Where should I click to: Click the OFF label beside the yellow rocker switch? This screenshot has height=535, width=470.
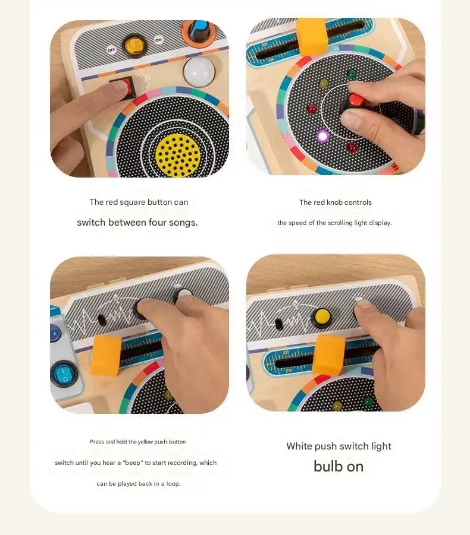tap(111, 50)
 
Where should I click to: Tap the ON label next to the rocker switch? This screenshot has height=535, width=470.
tap(158, 40)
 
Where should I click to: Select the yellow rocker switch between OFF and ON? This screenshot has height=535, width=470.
tap(134, 45)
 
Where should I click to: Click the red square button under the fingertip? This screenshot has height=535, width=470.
tap(128, 87)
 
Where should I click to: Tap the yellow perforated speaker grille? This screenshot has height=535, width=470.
tap(178, 155)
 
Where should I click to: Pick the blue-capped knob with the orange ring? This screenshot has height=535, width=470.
tap(199, 31)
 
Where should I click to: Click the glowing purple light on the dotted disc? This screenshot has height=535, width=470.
tap(322, 136)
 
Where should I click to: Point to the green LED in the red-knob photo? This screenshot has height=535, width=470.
tap(352, 74)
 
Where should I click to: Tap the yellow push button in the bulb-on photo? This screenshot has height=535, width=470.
tap(321, 317)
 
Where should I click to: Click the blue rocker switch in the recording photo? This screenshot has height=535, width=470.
tap(64, 373)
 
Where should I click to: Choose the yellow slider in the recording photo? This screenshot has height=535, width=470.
tap(106, 355)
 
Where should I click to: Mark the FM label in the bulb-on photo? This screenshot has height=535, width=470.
tap(289, 371)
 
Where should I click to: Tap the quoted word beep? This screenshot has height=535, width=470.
tap(132, 463)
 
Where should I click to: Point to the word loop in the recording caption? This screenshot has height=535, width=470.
tap(173, 484)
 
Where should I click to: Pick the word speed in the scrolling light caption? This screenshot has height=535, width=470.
tap(297, 223)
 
